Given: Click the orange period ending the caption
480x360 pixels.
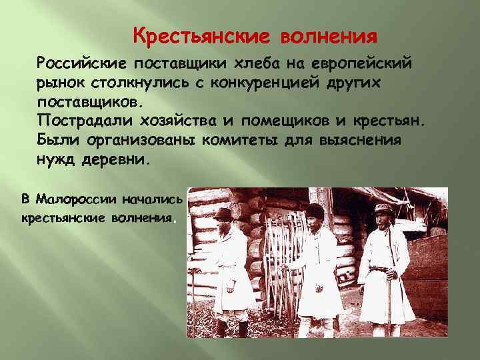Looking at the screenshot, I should pos(175,220).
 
